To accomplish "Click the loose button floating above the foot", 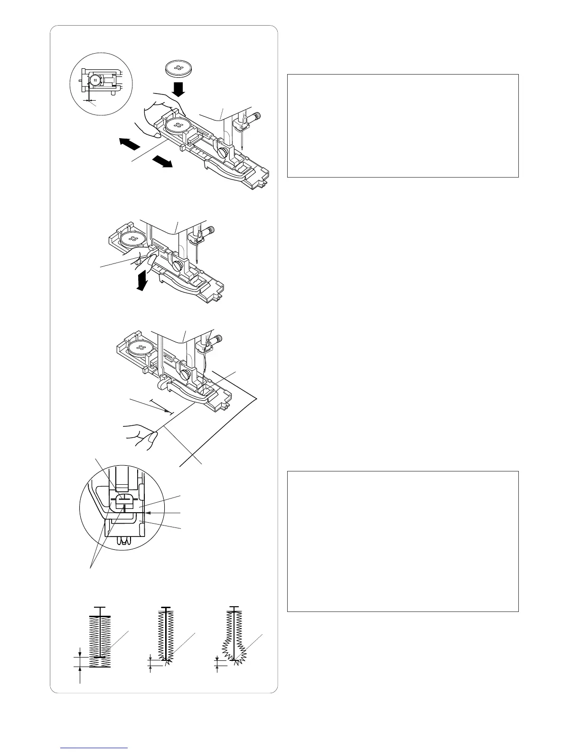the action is point(178,67).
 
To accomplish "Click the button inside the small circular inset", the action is point(95,80).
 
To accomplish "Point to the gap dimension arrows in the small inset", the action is point(89,101).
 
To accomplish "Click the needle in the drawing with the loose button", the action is point(243,138).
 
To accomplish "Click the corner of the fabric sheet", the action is point(257,398).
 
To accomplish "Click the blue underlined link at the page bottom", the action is point(94,748).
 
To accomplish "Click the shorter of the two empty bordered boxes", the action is point(403,125).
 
